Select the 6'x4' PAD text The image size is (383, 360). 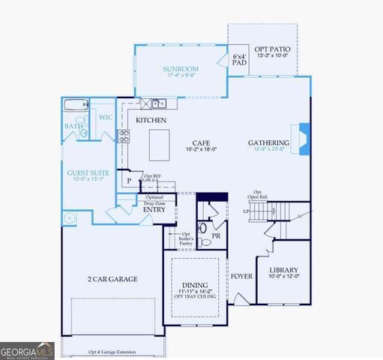point(239,60)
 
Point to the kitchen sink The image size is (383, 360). point(158,103)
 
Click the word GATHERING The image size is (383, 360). point(269,142)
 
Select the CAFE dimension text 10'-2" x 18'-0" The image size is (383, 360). point(200,149)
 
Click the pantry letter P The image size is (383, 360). point(129,181)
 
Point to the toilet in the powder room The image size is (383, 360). point(202,228)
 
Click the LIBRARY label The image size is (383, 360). point(283,270)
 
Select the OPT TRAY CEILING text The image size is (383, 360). point(195,296)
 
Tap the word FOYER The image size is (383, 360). point(241,276)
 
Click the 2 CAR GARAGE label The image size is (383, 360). point(112,279)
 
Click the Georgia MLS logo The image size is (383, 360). point(27,349)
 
